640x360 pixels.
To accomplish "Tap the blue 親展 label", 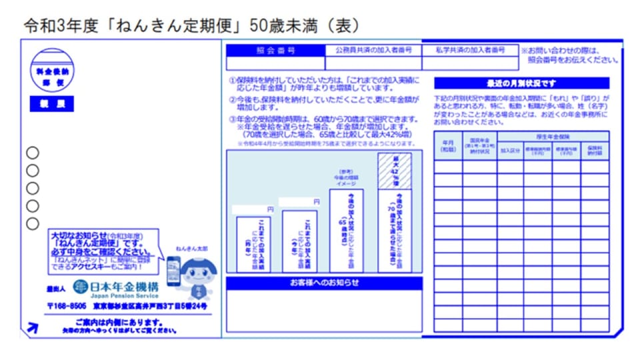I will tap(52, 105).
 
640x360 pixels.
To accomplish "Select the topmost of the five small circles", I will tap(33, 153).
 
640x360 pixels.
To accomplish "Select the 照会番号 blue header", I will tap(275, 50).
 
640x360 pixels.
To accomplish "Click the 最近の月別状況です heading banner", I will tap(521, 84).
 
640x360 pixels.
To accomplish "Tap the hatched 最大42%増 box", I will tap(395, 171).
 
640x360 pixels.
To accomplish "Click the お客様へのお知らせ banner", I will tap(324, 283).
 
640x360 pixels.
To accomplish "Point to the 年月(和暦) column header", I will tap(448, 147).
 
